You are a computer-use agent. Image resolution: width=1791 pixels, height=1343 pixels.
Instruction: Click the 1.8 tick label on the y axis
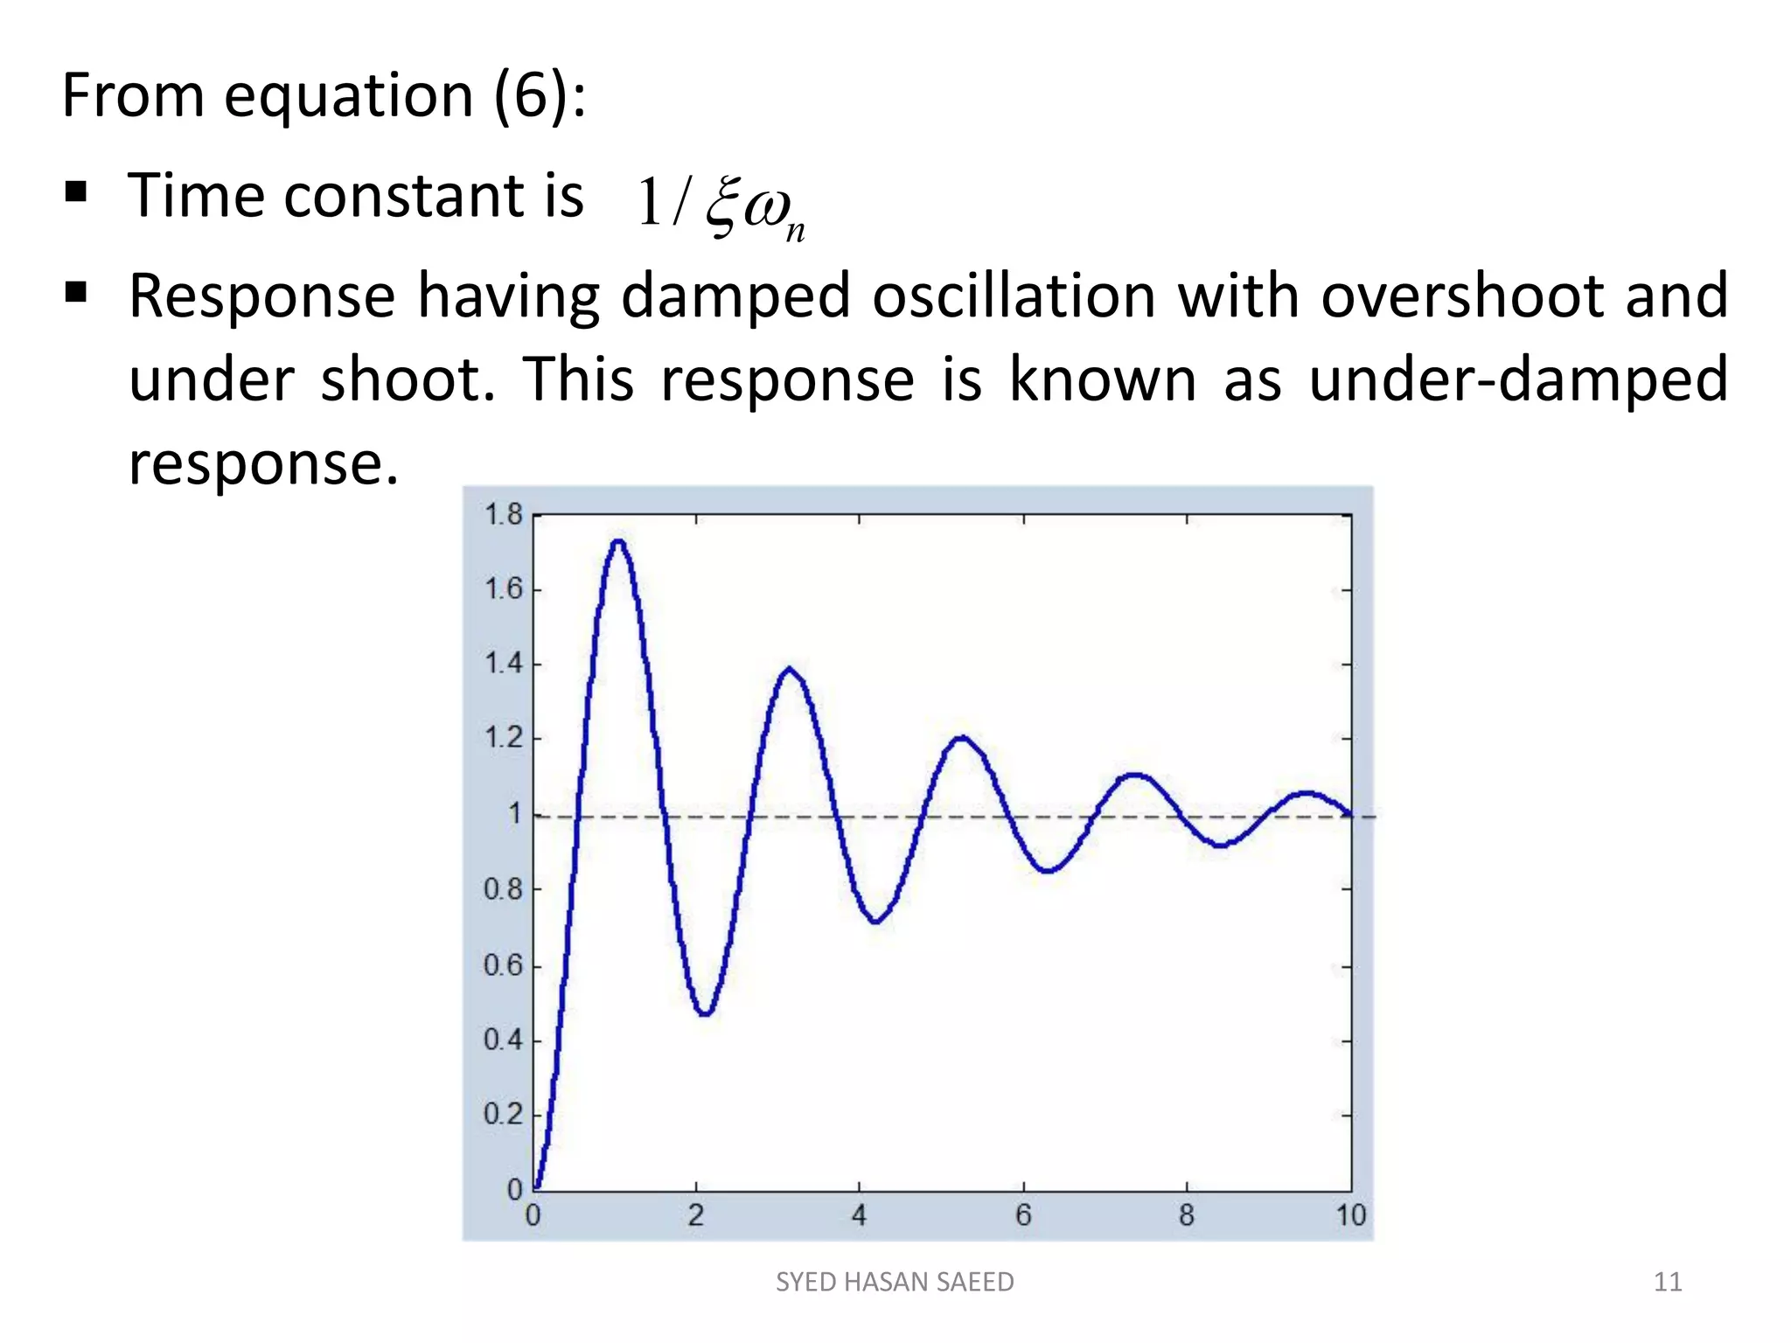[x=503, y=514]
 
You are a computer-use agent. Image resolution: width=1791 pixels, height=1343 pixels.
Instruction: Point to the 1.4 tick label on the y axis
[x=503, y=665]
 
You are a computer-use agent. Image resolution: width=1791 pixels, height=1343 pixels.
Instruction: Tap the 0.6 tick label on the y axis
[x=503, y=965]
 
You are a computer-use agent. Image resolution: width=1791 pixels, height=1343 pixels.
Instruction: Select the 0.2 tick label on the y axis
[x=503, y=1115]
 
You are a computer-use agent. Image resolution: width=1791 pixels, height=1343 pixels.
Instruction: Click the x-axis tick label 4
[x=859, y=1215]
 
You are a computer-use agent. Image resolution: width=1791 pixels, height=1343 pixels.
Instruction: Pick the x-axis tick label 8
[x=1186, y=1215]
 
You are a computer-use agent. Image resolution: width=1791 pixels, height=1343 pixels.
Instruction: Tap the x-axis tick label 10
[x=1350, y=1215]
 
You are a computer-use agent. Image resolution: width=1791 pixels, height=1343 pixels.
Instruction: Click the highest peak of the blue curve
[x=618, y=541]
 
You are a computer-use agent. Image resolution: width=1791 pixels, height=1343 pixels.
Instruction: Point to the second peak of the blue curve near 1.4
[x=789, y=670]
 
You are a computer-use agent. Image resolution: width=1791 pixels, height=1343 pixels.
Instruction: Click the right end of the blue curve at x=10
[x=1349, y=815]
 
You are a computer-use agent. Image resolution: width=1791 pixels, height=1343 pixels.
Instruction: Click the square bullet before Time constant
[x=76, y=191]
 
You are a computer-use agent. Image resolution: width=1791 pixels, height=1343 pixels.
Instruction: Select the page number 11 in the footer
[x=1668, y=1282]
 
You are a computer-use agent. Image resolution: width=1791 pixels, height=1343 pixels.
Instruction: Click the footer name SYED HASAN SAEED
[x=895, y=1282]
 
